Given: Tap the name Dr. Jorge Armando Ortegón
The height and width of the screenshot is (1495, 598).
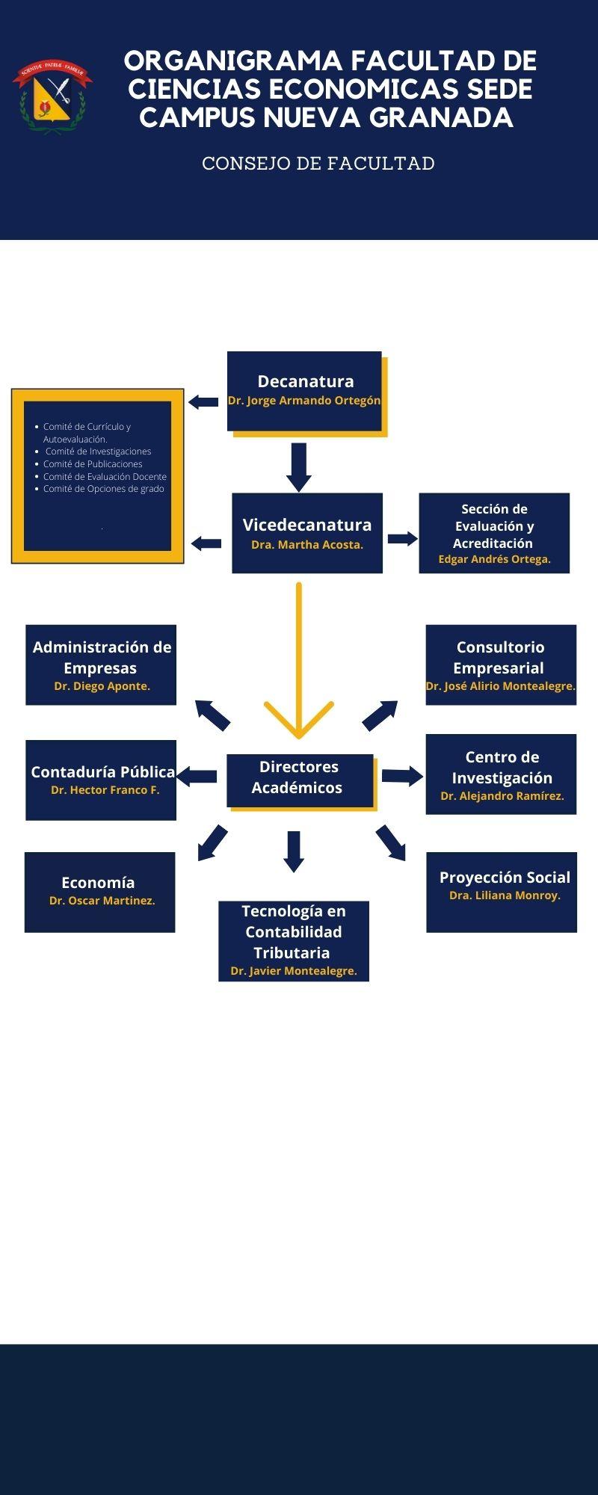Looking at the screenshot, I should click(x=304, y=401).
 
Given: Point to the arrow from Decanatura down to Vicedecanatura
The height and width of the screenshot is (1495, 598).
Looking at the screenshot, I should click(x=299, y=466).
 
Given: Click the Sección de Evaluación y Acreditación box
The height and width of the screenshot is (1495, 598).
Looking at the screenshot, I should click(x=494, y=532).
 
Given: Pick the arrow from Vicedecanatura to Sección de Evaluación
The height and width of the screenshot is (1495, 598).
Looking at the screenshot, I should click(x=402, y=538).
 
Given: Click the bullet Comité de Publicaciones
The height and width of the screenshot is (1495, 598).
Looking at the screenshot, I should click(x=93, y=464).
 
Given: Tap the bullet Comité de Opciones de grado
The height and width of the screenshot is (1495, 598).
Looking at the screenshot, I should click(x=103, y=489).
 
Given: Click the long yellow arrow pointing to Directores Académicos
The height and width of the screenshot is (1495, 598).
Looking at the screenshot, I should click(x=299, y=658).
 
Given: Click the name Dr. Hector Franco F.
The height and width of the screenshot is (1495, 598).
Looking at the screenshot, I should click(x=105, y=790).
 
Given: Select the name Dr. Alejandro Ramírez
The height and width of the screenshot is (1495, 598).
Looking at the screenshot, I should click(x=502, y=796).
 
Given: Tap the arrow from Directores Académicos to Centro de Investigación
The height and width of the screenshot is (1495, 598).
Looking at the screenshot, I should click(x=402, y=776).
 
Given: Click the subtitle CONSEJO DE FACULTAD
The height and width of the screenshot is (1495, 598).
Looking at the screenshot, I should click(x=318, y=164).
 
